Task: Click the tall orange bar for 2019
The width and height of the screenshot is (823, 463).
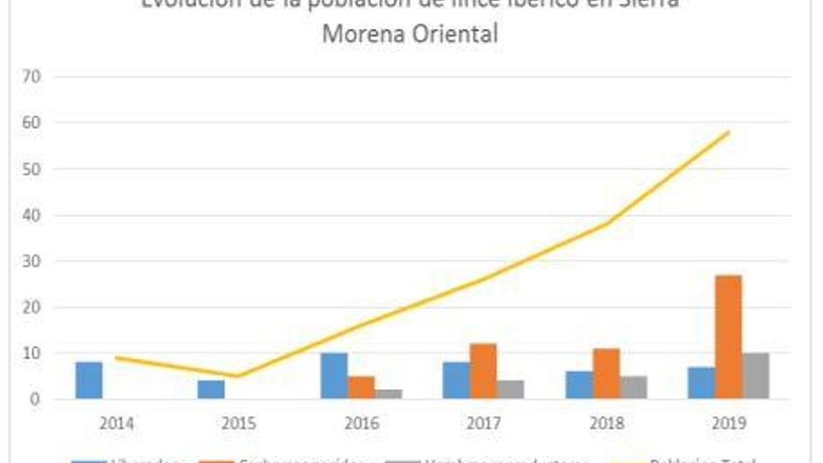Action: (x=729, y=337)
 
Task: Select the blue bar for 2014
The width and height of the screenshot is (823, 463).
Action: (x=89, y=381)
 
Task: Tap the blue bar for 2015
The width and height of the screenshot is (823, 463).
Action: (x=211, y=389)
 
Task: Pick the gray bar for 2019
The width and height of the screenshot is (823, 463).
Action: (x=757, y=376)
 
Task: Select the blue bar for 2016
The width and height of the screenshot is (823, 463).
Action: (x=334, y=376)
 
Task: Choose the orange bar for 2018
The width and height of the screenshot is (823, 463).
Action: (x=606, y=374)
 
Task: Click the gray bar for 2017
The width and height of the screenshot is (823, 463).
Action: (x=511, y=389)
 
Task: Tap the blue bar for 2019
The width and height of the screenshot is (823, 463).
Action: (x=701, y=383)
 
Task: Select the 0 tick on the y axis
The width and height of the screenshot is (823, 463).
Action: (x=36, y=399)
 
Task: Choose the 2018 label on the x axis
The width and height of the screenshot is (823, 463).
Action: (x=606, y=423)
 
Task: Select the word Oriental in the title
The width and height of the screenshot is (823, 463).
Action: (x=452, y=36)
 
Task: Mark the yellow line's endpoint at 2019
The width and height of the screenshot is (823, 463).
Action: (x=729, y=132)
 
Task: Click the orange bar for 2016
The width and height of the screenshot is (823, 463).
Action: (x=361, y=387)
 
